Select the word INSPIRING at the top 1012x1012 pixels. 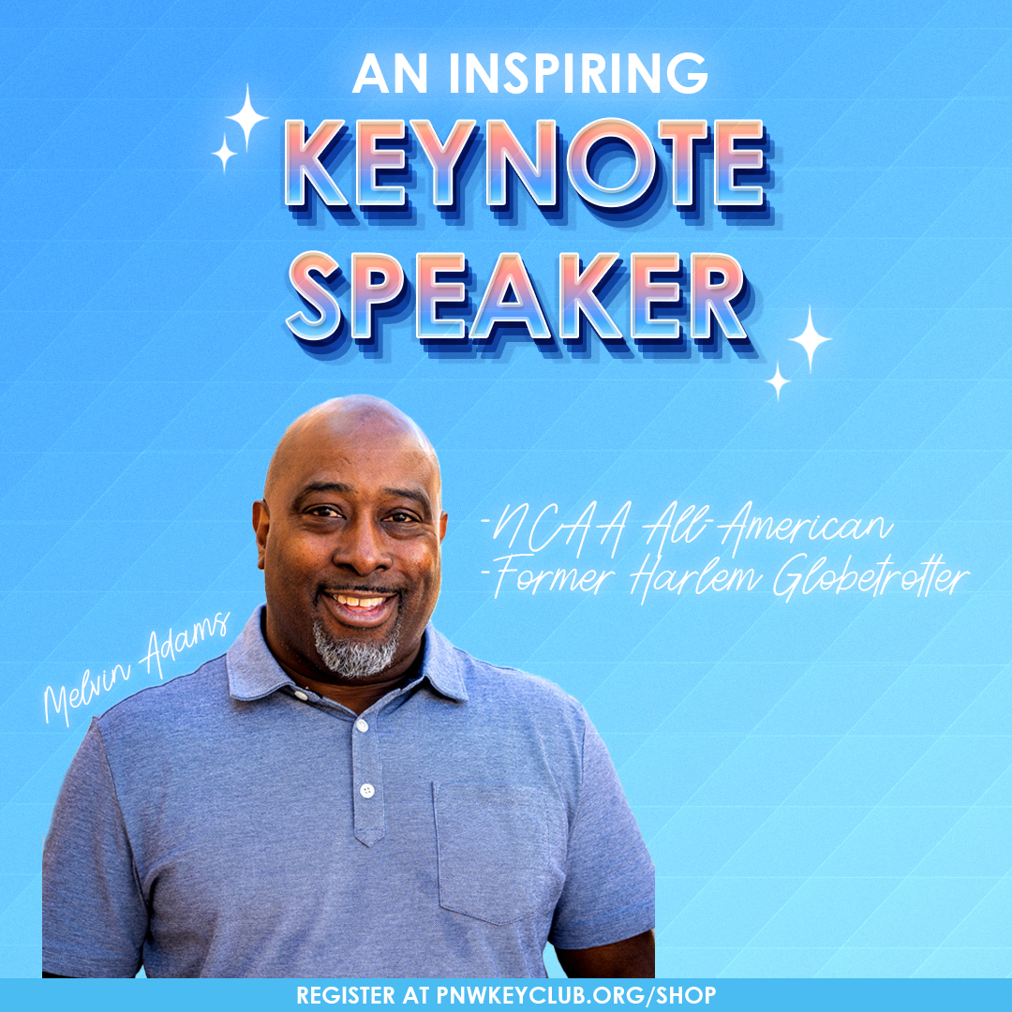click(x=577, y=73)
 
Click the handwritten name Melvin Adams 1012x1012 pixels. click(x=136, y=667)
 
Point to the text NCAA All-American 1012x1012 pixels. click(x=687, y=529)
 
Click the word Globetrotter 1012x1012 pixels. click(x=871, y=576)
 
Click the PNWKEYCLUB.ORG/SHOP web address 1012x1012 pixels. click(x=575, y=995)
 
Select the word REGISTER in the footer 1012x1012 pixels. click(x=346, y=995)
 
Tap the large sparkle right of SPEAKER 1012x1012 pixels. click(x=810, y=338)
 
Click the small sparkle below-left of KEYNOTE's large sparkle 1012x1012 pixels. click(x=224, y=153)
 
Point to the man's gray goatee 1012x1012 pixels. click(x=356, y=647)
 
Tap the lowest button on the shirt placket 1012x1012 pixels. click(x=367, y=790)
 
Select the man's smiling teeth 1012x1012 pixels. click(x=358, y=602)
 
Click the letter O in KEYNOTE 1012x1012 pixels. click(x=612, y=164)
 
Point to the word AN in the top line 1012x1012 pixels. click(x=390, y=73)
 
